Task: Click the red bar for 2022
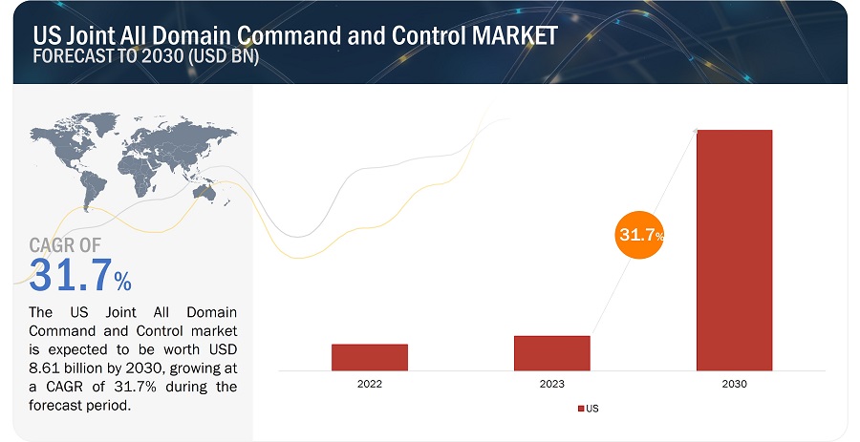[x=370, y=356]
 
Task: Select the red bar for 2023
[x=551, y=352]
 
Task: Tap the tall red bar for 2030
[x=734, y=249]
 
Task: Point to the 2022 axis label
[x=370, y=383]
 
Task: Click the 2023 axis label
[x=551, y=383]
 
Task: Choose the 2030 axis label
[x=734, y=383]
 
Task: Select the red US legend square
[x=580, y=408]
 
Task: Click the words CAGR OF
[x=65, y=246]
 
